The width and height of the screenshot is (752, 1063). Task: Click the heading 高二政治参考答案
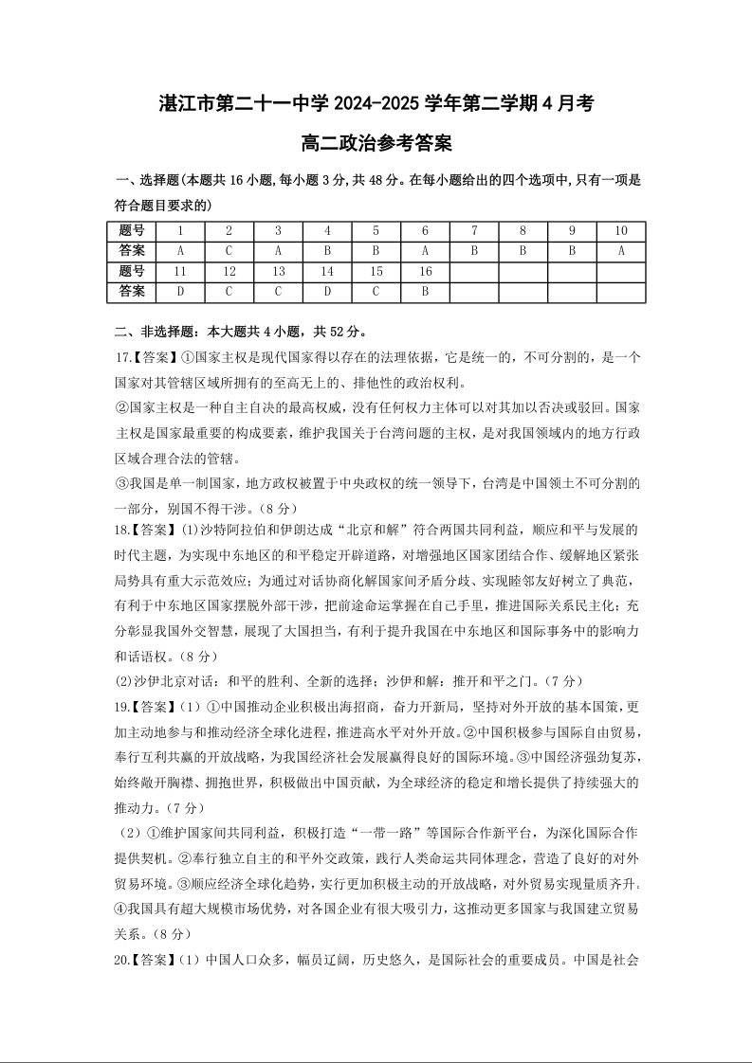[x=376, y=144]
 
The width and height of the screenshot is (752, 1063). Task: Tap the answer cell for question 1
[x=180, y=251]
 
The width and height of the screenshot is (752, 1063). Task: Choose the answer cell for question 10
[x=621, y=251]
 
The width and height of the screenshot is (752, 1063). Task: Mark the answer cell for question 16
[x=425, y=292]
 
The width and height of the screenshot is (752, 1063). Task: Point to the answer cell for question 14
[x=327, y=292]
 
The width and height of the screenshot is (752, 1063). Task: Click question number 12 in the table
[x=229, y=272]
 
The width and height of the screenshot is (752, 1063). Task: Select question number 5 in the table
[x=376, y=231]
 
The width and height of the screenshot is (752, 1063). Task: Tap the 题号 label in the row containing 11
[x=132, y=272]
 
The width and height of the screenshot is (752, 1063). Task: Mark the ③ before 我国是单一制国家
[x=120, y=481]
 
